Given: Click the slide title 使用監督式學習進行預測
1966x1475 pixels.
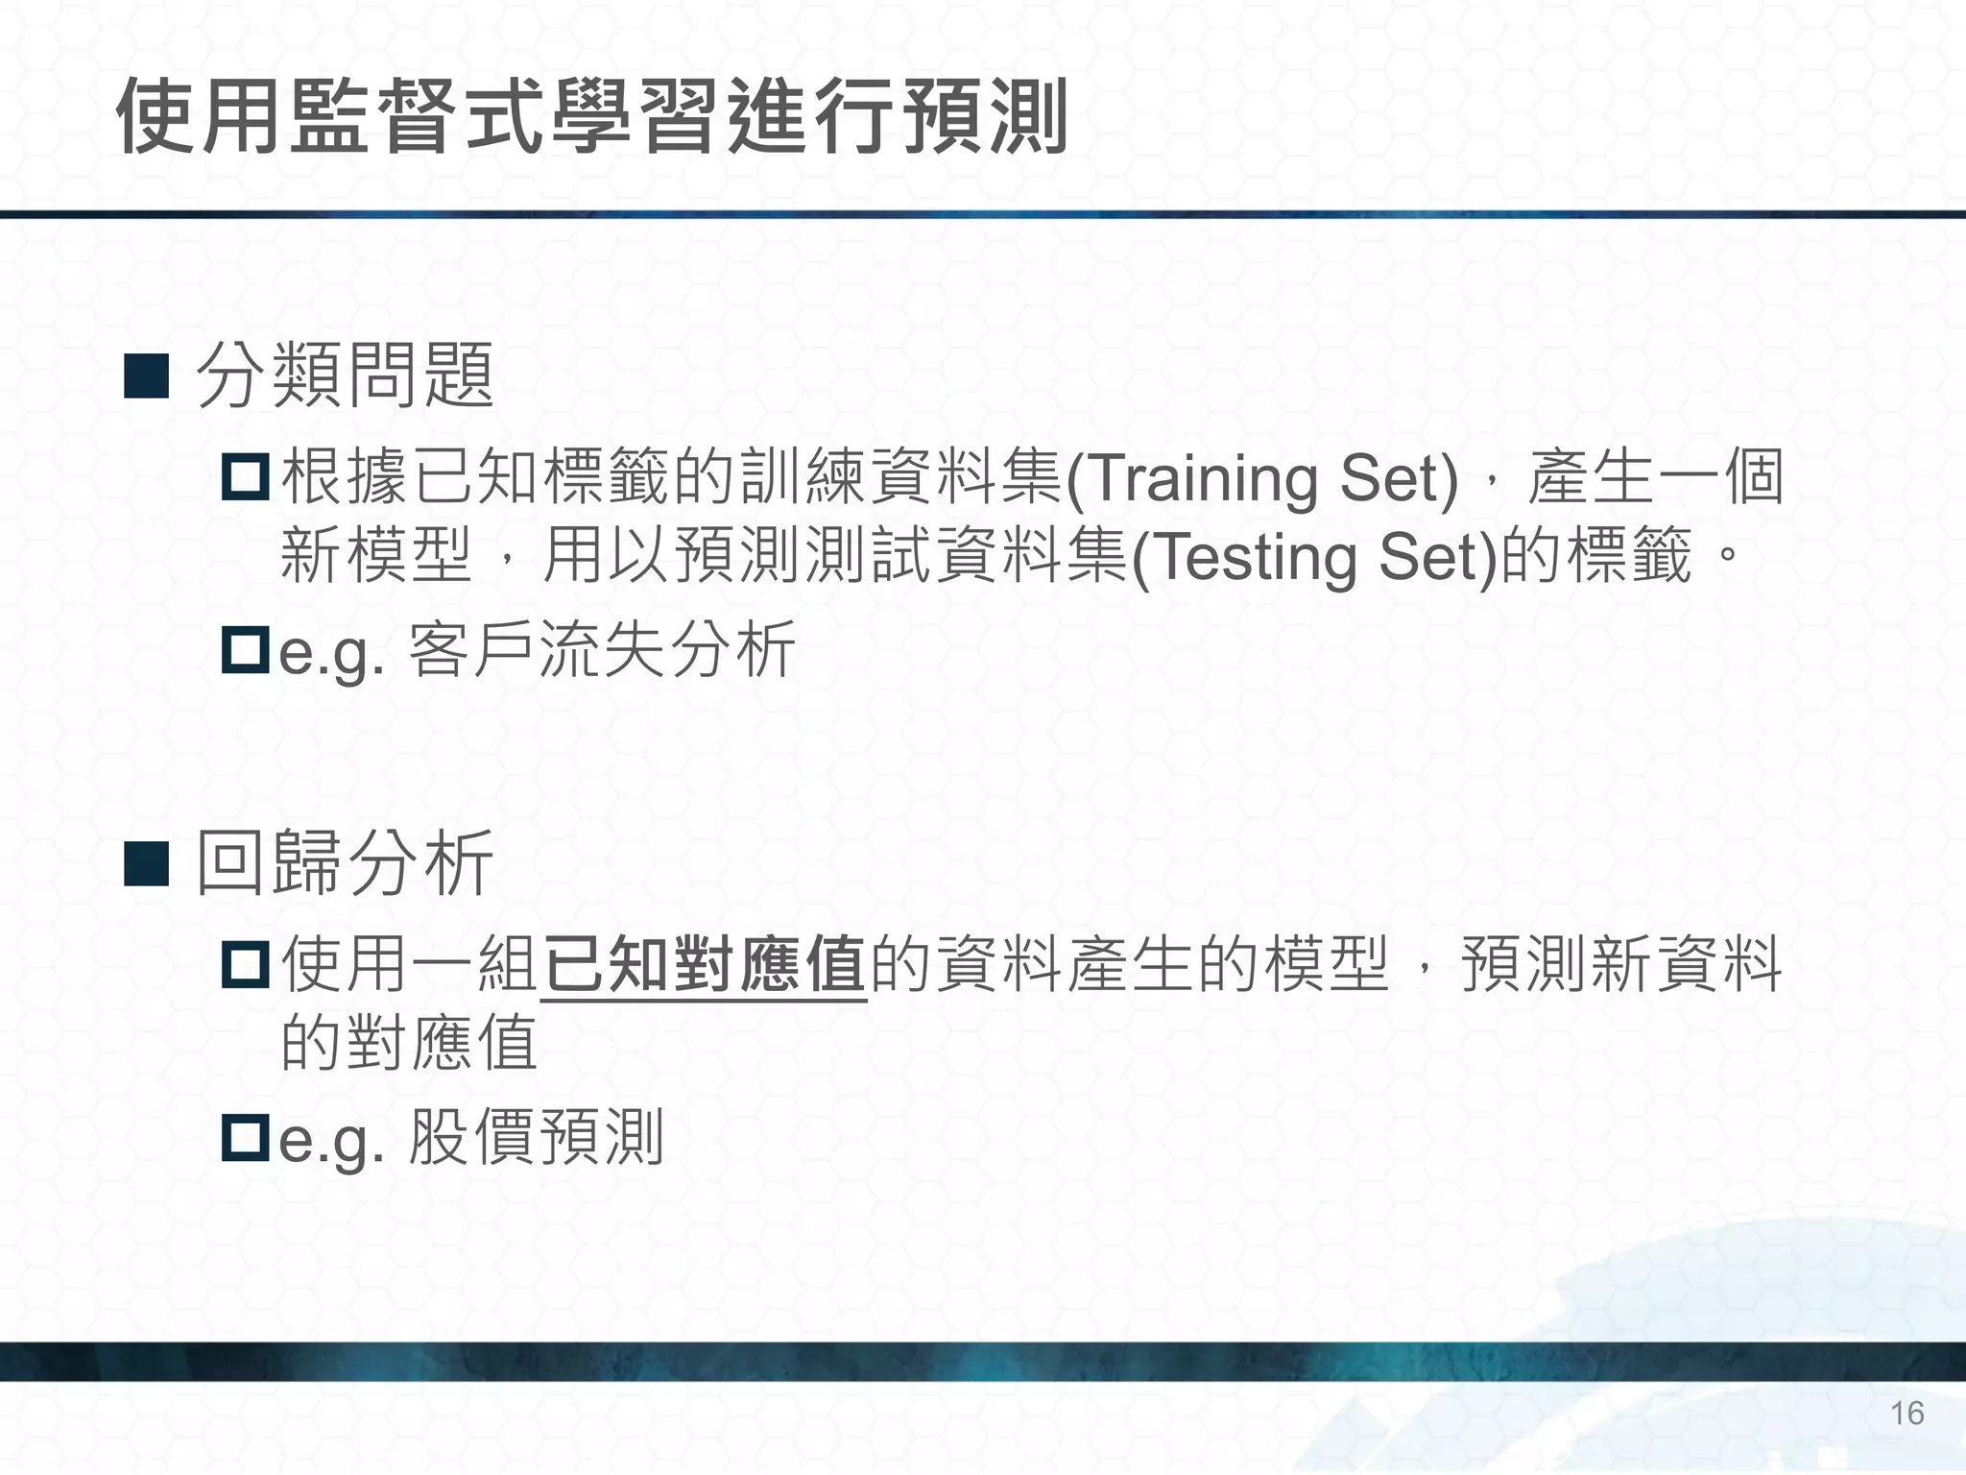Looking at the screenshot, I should (x=591, y=117).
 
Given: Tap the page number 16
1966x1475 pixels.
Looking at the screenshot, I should (x=1906, y=1413).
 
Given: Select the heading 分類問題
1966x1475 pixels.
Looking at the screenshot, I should (x=345, y=375).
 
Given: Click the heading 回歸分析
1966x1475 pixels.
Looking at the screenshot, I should (x=345, y=862).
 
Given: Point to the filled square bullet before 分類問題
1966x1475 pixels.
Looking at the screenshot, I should (x=147, y=376).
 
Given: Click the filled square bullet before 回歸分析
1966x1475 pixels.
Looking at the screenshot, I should (x=147, y=863).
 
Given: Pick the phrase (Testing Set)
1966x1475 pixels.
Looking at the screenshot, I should (x=1314, y=557).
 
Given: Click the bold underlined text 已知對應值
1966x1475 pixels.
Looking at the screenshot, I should (x=705, y=964).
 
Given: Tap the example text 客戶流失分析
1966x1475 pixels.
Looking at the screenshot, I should (x=602, y=650).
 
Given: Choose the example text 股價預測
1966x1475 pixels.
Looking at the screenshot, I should (x=536, y=1138).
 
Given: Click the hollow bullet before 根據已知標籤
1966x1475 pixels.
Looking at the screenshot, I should (x=245, y=477).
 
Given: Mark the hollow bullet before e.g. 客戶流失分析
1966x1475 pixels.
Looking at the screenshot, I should (x=245, y=650).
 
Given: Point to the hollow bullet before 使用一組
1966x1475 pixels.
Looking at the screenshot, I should (x=245, y=964).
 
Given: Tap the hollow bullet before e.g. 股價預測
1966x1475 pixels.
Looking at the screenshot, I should (x=245, y=1138).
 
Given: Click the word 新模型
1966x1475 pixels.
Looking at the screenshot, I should (x=376, y=557).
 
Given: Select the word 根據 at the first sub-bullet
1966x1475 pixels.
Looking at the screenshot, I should (x=345, y=477).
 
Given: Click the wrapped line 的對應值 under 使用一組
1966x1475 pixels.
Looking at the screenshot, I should (x=409, y=1043).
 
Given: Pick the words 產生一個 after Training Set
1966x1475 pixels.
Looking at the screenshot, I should (x=1655, y=477).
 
